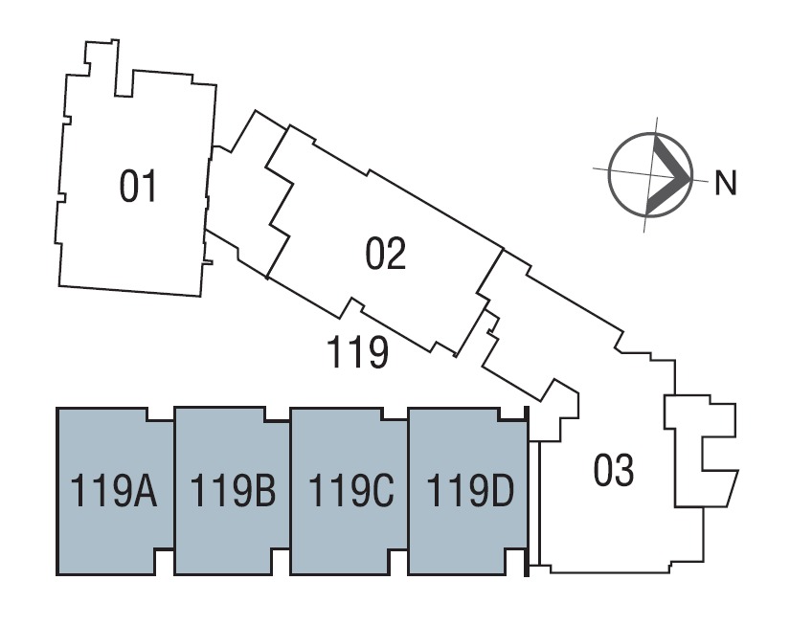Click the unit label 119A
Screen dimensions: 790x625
point(114,491)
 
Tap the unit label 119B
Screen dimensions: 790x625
point(233,491)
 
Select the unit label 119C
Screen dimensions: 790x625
point(350,491)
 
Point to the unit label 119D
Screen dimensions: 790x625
point(470,491)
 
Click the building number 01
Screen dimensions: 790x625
point(138,187)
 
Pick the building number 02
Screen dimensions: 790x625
point(386,254)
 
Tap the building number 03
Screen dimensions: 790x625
point(614,470)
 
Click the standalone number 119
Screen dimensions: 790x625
point(358,351)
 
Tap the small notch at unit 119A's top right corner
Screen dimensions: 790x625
point(160,414)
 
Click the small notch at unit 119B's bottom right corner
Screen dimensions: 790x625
point(281,562)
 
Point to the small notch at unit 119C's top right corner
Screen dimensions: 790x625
point(395,414)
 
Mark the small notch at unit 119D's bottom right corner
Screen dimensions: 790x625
point(514,562)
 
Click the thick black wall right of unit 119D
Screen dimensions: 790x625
point(527,491)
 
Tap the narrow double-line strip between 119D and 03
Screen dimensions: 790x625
point(534,502)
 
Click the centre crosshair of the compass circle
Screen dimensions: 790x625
point(651,174)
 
